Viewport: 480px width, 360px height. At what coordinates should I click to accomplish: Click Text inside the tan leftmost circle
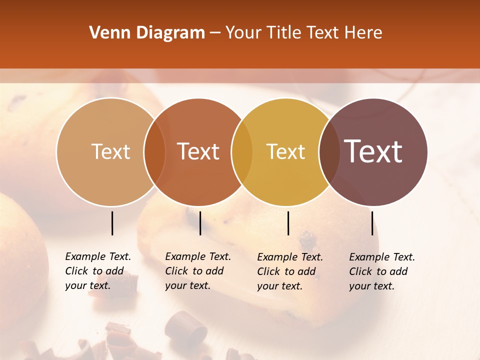pos(110,151)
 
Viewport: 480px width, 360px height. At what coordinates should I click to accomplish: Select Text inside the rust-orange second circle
pos(198,151)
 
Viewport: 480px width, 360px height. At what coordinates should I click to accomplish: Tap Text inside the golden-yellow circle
pos(286,151)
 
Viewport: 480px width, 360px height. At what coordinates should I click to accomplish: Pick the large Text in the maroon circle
pos(373,151)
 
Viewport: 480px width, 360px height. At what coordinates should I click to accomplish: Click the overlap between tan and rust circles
pos(154,151)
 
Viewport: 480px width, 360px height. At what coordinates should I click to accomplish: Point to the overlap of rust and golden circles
pos(242,151)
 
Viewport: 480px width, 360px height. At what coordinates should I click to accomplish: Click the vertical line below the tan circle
pos(112,223)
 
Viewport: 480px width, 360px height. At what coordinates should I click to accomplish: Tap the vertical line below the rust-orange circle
pos(200,223)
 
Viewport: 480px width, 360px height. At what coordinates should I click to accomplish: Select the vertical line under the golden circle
pos(288,223)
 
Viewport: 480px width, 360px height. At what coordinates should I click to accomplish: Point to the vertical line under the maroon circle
pos(372,223)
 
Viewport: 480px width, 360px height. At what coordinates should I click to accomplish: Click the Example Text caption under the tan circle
pos(98,271)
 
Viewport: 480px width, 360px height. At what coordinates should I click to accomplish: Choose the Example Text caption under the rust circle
pos(198,271)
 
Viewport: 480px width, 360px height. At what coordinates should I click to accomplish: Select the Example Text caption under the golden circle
pos(290,271)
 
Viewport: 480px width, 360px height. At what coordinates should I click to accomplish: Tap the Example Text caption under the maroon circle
pos(382,271)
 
